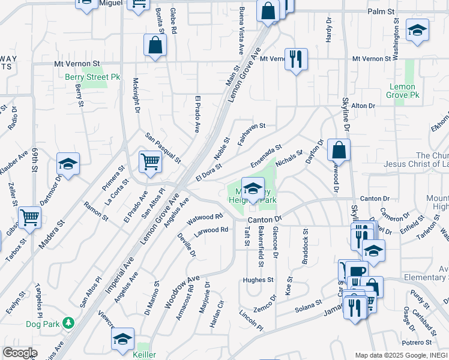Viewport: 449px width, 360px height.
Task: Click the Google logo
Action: (20, 353)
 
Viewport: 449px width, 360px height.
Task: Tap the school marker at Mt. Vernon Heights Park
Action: (253, 187)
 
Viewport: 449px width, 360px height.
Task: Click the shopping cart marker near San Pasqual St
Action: (150, 161)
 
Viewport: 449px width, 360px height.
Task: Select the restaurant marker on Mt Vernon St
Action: (295, 59)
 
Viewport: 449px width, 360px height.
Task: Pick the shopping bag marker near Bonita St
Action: (155, 45)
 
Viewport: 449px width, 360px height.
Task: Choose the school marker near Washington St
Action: (417, 30)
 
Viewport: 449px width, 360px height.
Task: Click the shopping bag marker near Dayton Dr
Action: (339, 150)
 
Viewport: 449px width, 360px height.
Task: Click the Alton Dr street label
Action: (363, 106)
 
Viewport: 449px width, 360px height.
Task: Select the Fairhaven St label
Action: (252, 134)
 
